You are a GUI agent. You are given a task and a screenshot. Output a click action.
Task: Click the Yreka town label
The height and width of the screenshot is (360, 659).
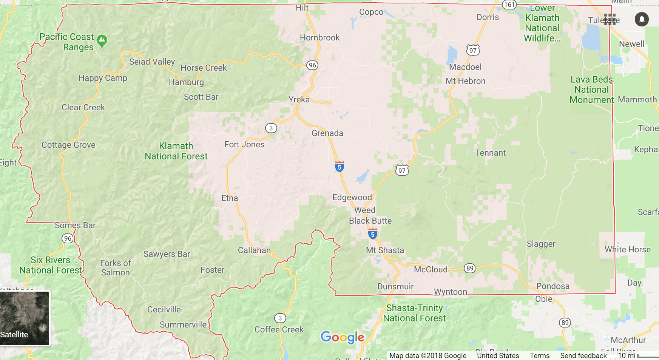pos(299,100)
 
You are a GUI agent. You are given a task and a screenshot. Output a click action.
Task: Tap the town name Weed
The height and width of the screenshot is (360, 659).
pos(365,210)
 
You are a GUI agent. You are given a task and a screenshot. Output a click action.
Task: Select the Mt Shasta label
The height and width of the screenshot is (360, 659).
pos(385,250)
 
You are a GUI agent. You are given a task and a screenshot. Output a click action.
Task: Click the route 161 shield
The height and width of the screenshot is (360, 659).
pos(509,5)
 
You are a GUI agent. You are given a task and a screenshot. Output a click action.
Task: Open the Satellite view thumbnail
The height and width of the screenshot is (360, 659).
pos(25,318)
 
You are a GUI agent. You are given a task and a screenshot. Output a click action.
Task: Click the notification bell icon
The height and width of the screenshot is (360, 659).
pos(642,19)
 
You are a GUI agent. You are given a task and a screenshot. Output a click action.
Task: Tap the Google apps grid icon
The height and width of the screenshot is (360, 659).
pos(610,19)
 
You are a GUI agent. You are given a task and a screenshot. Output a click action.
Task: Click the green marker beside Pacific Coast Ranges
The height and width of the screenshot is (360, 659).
pos(102,41)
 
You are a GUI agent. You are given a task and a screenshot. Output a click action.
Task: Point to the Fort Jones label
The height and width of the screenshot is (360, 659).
pos(244,145)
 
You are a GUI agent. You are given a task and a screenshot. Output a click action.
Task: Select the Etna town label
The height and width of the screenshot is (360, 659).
pos(230,198)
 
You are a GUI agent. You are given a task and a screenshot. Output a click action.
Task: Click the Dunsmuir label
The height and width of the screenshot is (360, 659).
pos(395,287)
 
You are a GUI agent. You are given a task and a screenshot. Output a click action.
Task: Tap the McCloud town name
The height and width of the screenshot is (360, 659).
pos(431,270)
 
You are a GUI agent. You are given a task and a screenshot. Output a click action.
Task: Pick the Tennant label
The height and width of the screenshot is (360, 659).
pos(490,153)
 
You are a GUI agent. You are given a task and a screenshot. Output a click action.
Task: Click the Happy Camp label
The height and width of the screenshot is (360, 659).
pos(103,78)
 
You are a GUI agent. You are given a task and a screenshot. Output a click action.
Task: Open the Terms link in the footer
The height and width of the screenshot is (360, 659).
pos(539,356)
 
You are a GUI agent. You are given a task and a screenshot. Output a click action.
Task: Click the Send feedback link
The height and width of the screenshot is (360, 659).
pos(583,356)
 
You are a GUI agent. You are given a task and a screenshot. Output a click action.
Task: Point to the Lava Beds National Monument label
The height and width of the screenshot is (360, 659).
pos(591,90)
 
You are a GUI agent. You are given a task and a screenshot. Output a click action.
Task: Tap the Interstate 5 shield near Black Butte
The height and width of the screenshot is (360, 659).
pos(373,234)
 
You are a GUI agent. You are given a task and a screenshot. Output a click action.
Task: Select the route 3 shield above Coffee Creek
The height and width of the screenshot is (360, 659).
pos(280,318)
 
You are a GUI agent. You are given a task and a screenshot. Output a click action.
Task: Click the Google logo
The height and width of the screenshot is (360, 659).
pos(343,337)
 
